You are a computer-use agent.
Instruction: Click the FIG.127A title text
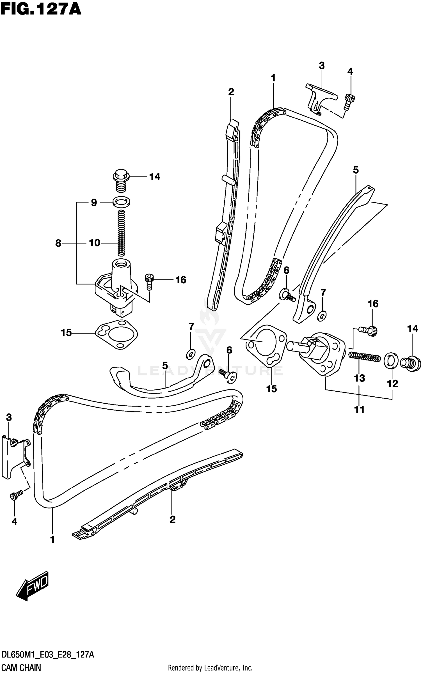coord(41,9)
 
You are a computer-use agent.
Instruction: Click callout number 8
coord(58,243)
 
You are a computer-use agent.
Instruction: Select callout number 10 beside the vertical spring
coord(94,243)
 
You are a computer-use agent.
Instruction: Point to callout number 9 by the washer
coord(94,202)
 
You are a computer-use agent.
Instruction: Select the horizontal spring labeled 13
coord(364,357)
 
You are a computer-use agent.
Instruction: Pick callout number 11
coord(359,410)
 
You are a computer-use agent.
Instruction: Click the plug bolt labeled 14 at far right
coord(412,364)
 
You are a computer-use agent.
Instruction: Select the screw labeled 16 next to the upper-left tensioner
coord(149,281)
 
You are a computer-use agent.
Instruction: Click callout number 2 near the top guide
coord(231,92)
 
